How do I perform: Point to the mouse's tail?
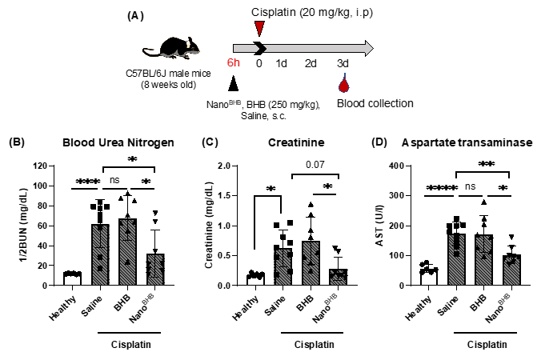point(150,52)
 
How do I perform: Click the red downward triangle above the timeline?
point(259,28)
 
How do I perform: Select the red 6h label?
point(234,63)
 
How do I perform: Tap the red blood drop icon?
point(344,84)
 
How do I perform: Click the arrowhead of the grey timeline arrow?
point(369,48)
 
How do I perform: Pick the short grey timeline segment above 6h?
point(245,48)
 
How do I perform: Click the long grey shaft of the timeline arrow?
point(315,48)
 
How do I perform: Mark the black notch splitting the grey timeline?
point(261,48)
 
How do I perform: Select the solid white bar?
point(255,281)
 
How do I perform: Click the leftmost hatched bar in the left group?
point(101,255)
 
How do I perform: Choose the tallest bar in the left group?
point(127,253)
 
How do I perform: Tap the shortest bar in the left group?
point(155,270)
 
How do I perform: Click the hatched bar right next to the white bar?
point(282,267)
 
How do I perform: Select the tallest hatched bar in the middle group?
point(311,264)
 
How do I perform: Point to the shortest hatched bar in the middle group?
point(338,278)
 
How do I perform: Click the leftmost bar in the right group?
point(456,260)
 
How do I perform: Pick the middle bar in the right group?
point(483,261)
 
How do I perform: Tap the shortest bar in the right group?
point(511,271)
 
